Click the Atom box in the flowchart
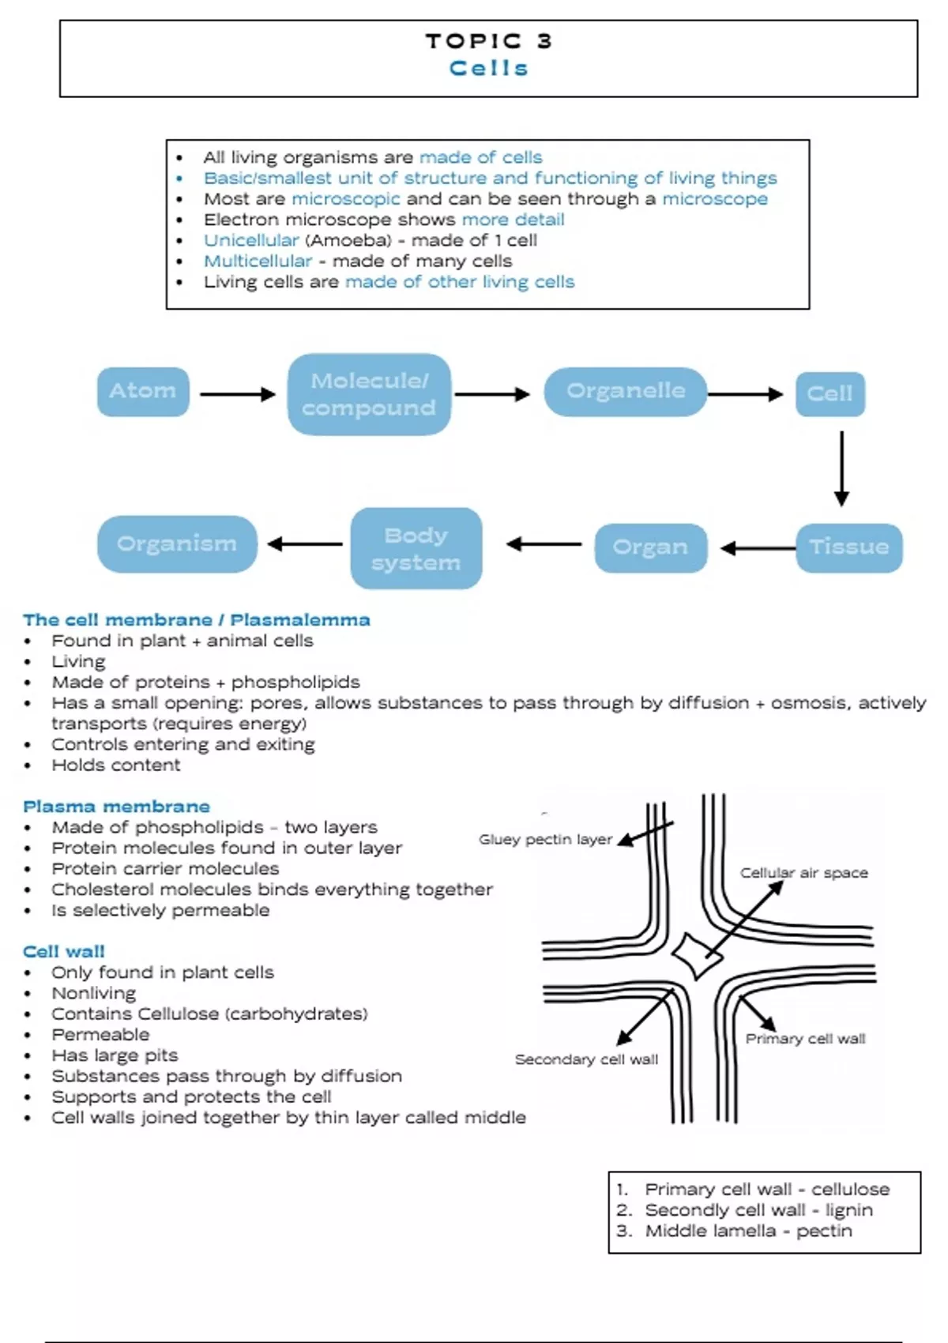coord(143,391)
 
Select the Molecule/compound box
coord(369,394)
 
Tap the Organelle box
coord(625,391)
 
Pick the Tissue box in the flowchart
coord(848,547)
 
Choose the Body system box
coord(416,548)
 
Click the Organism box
coord(177,544)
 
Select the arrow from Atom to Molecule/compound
coord(237,393)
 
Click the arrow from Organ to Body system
coord(544,544)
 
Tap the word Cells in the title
coord(488,69)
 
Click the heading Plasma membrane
coord(116,807)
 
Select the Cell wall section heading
coord(64,951)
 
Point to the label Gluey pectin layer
coord(545,839)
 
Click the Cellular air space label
coord(803,873)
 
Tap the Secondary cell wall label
coord(586,1059)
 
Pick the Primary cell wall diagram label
coord(805,1039)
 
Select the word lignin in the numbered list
coord(848,1210)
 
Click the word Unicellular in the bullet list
coord(251,240)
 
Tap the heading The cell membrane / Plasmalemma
coord(196,620)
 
